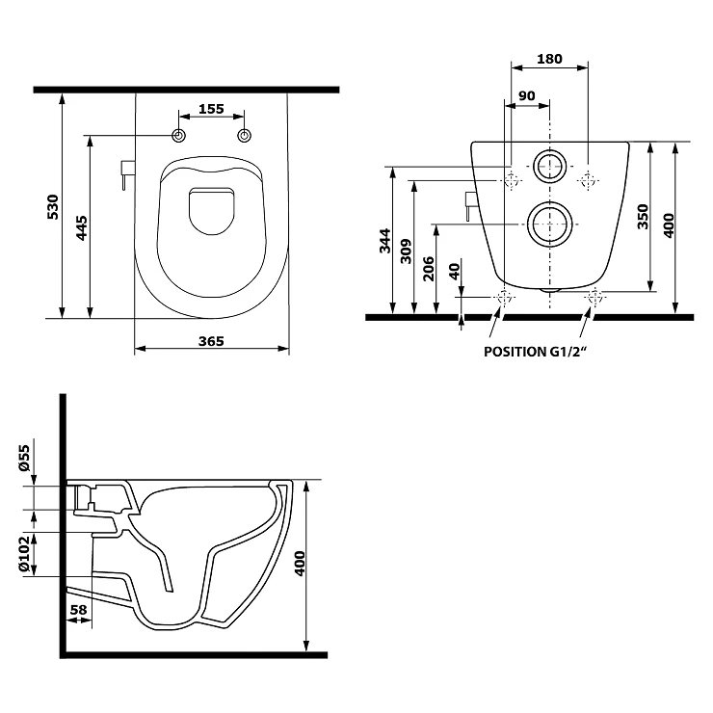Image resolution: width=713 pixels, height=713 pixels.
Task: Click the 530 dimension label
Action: [53, 207]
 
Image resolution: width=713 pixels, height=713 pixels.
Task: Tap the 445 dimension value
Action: [81, 228]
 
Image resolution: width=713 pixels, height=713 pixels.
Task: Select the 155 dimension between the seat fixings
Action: [211, 109]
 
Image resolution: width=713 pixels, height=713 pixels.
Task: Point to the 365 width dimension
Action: [211, 341]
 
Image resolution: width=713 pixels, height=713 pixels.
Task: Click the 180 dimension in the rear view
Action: [549, 59]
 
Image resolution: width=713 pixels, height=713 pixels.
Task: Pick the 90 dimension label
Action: [527, 96]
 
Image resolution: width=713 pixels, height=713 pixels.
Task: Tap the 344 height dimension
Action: [385, 241]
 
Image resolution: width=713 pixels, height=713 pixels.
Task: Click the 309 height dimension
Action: [406, 251]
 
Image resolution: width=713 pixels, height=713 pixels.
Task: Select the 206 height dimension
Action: [429, 269]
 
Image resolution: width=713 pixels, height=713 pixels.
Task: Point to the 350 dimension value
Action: [643, 217]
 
